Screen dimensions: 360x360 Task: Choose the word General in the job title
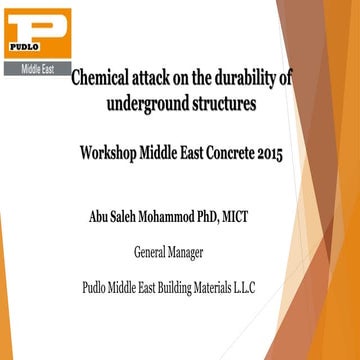pos(152,252)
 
